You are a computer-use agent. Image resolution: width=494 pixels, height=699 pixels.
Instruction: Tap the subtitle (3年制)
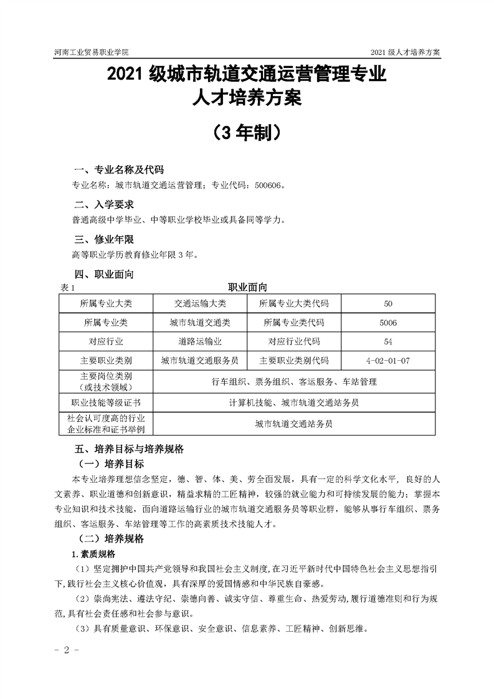pyautogui.click(x=247, y=132)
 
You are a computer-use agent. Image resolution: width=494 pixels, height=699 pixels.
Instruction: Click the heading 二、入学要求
pyautogui.click(x=104, y=205)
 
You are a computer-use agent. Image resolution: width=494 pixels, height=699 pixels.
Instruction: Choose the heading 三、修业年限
pyautogui.click(x=104, y=240)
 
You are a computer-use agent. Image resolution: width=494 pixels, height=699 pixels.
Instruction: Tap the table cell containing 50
pyautogui.click(x=388, y=303)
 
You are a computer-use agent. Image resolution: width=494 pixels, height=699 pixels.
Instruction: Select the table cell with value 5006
pyautogui.click(x=388, y=323)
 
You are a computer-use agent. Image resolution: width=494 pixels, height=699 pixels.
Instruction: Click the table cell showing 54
pyautogui.click(x=388, y=341)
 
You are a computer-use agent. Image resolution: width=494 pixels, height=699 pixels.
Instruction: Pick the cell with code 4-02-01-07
pyautogui.click(x=388, y=360)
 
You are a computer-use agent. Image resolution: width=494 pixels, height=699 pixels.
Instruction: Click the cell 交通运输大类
pyautogui.click(x=200, y=303)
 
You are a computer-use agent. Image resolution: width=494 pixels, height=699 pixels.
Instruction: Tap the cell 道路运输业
pyautogui.click(x=200, y=341)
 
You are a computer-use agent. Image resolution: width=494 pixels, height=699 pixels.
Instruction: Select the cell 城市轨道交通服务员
pyautogui.click(x=200, y=360)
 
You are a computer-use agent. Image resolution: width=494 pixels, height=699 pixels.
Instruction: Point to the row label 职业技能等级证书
pyautogui.click(x=106, y=402)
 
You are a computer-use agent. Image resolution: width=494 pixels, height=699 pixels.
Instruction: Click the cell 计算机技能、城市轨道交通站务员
pyautogui.click(x=293, y=402)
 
